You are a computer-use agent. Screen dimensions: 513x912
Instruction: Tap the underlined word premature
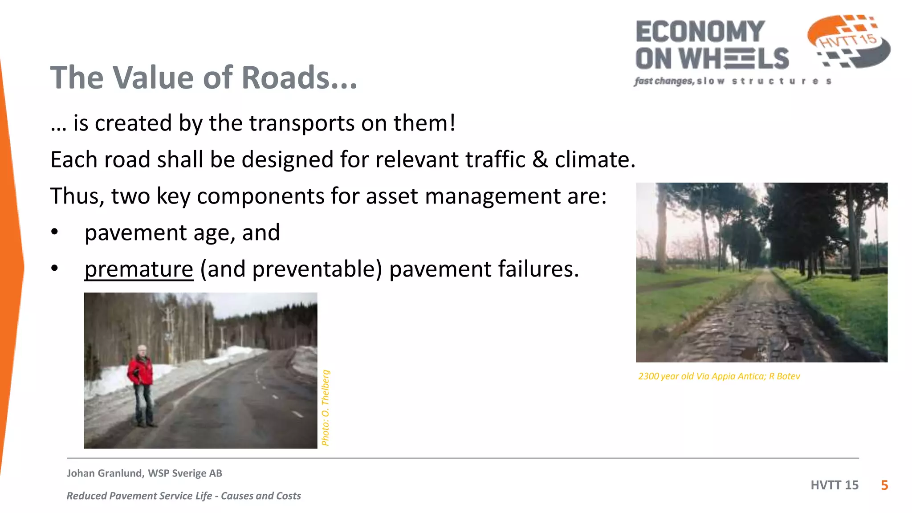(138, 269)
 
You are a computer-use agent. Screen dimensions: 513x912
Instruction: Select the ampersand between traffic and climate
(540, 159)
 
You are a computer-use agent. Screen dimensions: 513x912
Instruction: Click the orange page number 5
(884, 485)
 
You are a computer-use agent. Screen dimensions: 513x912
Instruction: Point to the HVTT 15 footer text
(834, 485)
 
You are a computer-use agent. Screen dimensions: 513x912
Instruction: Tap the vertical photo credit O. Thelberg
(326, 407)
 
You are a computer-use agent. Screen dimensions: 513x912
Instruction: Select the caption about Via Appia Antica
(719, 376)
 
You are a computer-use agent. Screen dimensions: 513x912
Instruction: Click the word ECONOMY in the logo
(700, 32)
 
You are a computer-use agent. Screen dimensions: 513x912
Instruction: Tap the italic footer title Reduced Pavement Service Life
(183, 496)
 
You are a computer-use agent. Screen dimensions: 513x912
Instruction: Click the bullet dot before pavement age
(54, 232)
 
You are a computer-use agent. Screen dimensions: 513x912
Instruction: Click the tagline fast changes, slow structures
(733, 81)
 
